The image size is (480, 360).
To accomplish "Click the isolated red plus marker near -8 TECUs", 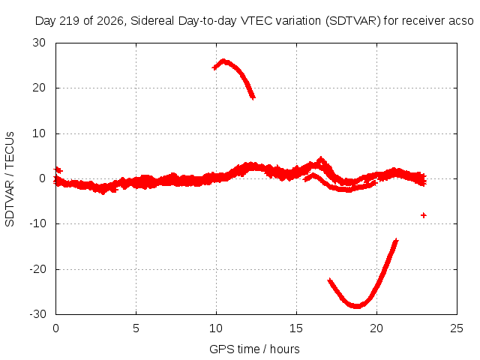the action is (423, 215).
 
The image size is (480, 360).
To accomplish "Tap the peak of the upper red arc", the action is (223, 61).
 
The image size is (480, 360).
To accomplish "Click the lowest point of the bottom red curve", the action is (357, 306).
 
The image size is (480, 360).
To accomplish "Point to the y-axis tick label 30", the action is (39, 43).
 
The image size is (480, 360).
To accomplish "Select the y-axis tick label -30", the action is (37, 314).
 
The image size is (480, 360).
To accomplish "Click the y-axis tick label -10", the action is (37, 223).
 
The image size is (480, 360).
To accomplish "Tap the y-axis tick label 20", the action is (39, 88).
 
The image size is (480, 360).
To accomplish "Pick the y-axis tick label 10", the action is (39, 133).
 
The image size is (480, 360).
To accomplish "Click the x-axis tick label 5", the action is (136, 328).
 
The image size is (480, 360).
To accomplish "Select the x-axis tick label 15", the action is (296, 328).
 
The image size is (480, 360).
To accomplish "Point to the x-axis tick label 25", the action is (457, 328).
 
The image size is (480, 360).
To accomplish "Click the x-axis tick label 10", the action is (216, 328).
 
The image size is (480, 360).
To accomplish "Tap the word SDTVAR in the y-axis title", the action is (10, 202).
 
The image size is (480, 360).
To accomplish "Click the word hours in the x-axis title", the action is (285, 349).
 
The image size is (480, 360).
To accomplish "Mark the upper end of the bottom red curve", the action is (397, 240).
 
